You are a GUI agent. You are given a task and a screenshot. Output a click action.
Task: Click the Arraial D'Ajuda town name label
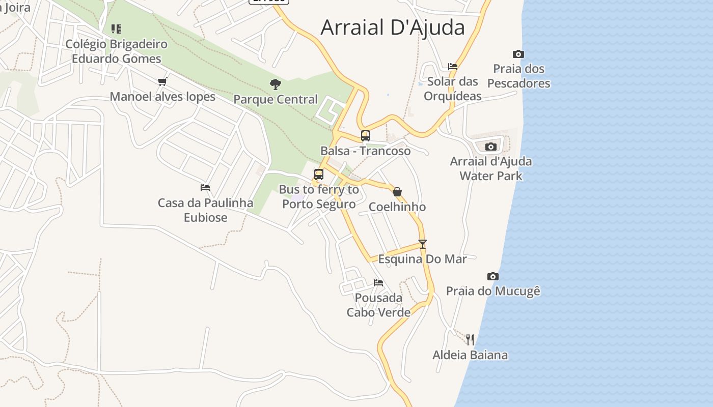(392, 27)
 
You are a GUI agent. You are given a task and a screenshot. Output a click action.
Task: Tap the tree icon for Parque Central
(276, 84)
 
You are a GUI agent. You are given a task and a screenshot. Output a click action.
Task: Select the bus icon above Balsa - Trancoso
(366, 136)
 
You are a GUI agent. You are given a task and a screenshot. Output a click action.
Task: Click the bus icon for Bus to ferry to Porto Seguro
(319, 175)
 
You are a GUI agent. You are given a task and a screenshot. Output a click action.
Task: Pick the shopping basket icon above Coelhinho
(397, 192)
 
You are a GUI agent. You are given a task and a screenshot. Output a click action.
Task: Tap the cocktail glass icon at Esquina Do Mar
(422, 244)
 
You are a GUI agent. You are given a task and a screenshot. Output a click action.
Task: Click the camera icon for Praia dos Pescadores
(518, 54)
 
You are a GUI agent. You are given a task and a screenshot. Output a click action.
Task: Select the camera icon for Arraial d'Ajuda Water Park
(491, 147)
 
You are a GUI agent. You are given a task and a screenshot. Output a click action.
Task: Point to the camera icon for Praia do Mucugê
(492, 276)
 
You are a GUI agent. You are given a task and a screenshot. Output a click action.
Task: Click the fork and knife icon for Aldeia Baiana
(470, 339)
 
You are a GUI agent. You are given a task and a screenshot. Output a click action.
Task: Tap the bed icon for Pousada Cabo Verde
(378, 283)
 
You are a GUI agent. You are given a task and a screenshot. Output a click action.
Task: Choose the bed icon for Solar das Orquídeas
(452, 66)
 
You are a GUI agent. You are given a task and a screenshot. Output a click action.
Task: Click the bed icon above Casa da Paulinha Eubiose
(205, 188)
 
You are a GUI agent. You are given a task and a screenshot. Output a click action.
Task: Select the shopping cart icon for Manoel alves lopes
(162, 81)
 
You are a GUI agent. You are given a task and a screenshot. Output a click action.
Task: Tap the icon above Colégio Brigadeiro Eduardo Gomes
(116, 29)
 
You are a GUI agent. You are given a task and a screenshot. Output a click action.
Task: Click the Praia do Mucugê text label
(493, 291)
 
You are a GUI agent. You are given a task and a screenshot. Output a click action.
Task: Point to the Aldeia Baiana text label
(470, 355)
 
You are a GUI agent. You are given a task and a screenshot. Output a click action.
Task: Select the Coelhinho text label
(397, 207)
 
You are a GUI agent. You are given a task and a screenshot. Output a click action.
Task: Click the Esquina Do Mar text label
(422, 259)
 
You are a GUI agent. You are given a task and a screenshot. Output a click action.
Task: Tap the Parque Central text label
(276, 99)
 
